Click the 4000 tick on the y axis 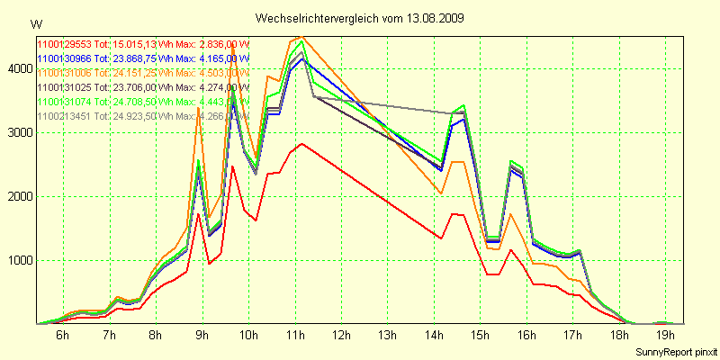click(x=19, y=67)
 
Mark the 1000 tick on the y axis click(x=19, y=260)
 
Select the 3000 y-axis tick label click(x=19, y=132)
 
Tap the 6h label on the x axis click(x=62, y=336)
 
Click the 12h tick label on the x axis click(x=341, y=336)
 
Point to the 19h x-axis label click(x=667, y=336)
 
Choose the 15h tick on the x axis click(x=481, y=336)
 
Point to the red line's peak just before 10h click(x=232, y=166)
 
